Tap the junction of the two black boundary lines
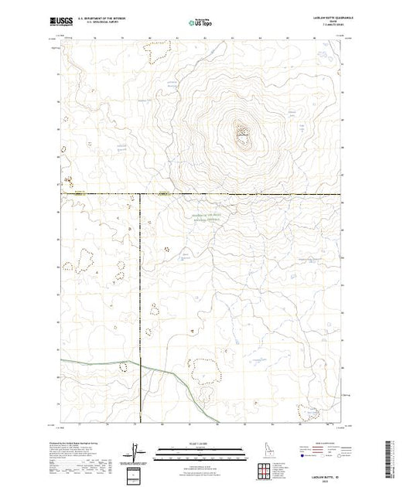(x=139, y=193)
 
